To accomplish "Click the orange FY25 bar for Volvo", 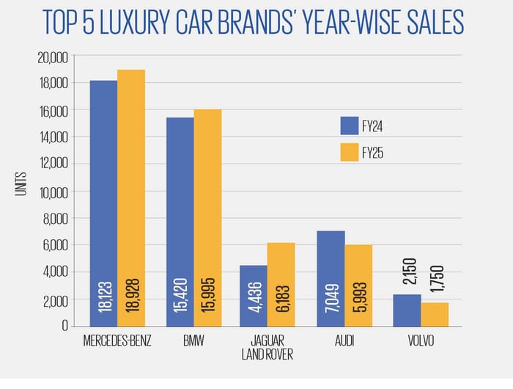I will pos(435,314).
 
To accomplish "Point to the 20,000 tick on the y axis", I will pos(52,57).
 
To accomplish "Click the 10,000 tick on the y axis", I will pos(52,192).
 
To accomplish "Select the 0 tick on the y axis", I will pos(64,325).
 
